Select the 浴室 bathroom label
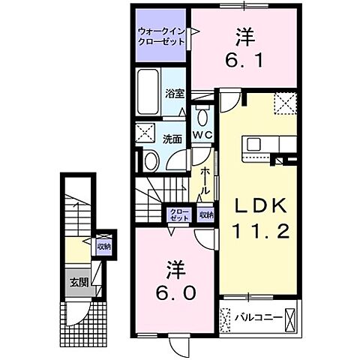175,95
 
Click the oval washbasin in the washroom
149,160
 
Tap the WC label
202,133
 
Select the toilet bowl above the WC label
202,115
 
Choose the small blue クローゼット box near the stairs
179,214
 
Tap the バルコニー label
258,318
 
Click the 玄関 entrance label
78,283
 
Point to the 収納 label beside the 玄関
103,245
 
